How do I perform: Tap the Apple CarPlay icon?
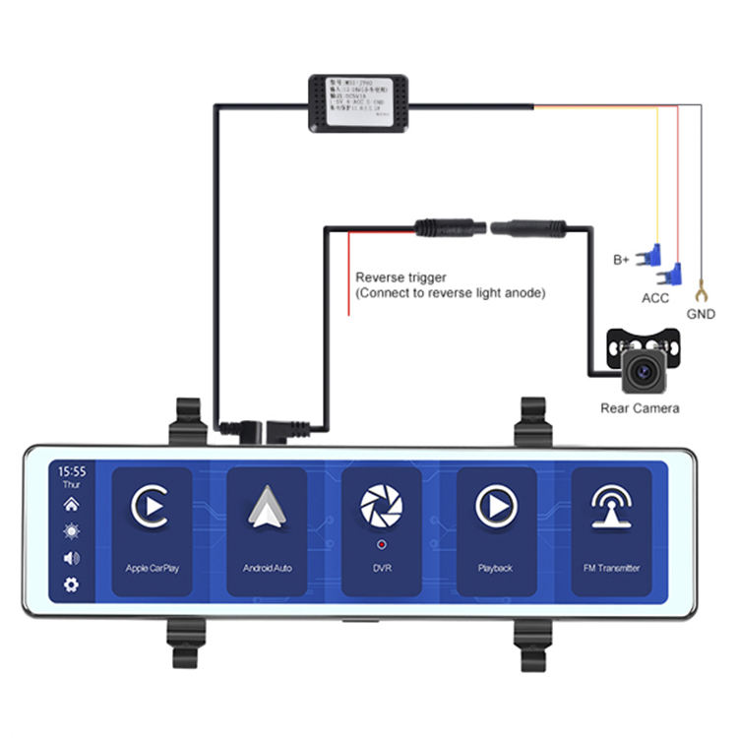152,507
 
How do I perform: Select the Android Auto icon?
266,507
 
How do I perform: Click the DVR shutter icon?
381,506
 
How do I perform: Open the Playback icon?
495,507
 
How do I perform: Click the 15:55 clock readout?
72,471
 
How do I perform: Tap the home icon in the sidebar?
72,505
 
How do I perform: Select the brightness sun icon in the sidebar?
72,531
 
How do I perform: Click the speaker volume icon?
72,558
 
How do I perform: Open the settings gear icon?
72,585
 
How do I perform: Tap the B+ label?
621,261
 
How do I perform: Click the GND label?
702,315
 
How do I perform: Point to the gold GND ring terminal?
702,290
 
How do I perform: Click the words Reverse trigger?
394,277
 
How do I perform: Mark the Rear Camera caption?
640,407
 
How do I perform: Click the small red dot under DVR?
381,543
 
